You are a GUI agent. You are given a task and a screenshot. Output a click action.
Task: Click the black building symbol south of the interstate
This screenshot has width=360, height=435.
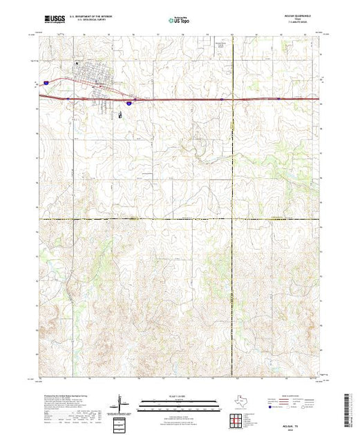click(x=120, y=115)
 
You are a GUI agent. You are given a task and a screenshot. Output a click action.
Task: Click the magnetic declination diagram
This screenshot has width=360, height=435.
click(x=122, y=404)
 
